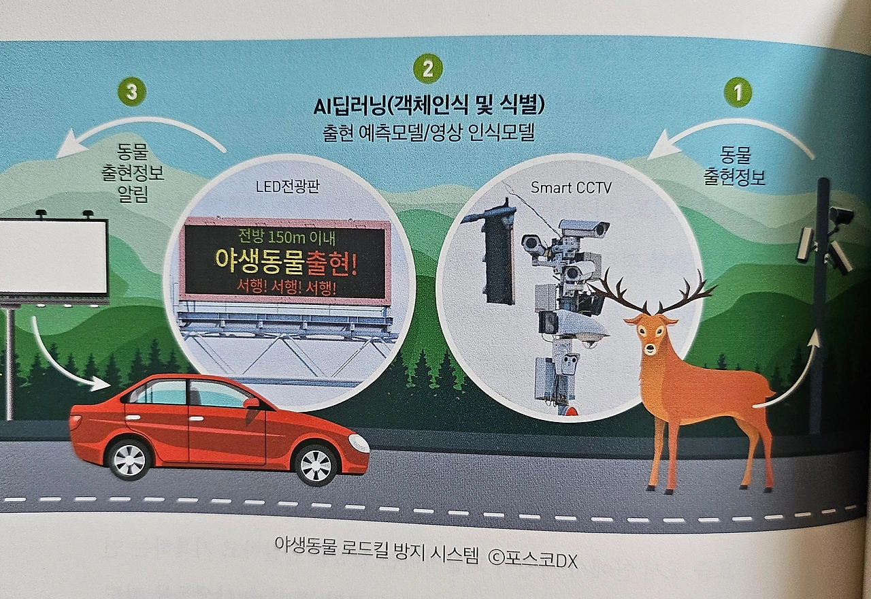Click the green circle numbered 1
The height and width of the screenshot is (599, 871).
point(738,92)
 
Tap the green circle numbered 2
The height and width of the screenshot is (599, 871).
point(428,69)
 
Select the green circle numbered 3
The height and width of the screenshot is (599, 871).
point(132,93)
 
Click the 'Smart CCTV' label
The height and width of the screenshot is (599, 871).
point(571,188)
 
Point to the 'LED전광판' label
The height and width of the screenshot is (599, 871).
point(287,187)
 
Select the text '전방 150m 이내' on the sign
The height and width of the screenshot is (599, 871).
point(286,238)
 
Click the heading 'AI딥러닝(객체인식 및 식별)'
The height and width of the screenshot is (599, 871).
point(429,106)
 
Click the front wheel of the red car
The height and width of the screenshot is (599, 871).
point(316,465)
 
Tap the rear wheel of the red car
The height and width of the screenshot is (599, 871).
point(129,459)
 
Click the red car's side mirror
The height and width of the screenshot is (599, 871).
point(251,404)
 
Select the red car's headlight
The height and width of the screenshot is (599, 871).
point(359,443)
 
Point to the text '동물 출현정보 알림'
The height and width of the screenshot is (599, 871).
point(133,173)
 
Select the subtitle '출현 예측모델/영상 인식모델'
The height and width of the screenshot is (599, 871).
point(429,133)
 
